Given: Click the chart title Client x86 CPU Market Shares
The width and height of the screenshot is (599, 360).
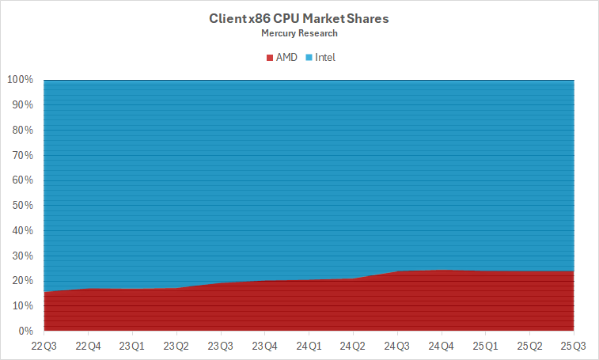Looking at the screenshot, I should pyautogui.click(x=298, y=17).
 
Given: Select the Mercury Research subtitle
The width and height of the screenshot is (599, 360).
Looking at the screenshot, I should pyautogui.click(x=298, y=33).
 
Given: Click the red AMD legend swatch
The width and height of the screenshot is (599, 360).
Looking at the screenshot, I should pyautogui.click(x=268, y=58).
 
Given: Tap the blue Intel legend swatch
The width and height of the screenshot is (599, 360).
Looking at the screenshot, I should pyautogui.click(x=309, y=58).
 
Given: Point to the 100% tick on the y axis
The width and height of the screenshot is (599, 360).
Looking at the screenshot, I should pyautogui.click(x=20, y=80).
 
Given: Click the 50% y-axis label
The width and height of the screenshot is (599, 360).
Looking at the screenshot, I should pyautogui.click(x=22, y=205).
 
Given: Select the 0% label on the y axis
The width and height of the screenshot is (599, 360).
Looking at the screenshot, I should pyautogui.click(x=25, y=331).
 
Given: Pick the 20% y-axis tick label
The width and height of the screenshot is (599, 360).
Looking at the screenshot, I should pyautogui.click(x=22, y=281).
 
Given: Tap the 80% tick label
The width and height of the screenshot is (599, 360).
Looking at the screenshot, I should pyautogui.click(x=22, y=130).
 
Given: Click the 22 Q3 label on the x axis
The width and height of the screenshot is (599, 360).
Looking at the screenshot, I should pyautogui.click(x=44, y=346).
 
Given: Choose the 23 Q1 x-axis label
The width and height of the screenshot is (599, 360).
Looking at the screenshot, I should pyautogui.click(x=132, y=346).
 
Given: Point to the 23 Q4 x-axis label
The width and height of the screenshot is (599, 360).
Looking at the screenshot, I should pyautogui.click(x=264, y=346).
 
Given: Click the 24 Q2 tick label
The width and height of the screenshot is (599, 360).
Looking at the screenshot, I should pyautogui.click(x=353, y=346).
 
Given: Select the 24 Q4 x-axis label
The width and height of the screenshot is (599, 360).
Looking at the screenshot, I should pyautogui.click(x=441, y=346).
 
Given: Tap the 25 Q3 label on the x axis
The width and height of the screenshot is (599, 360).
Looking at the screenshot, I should pyautogui.click(x=573, y=346).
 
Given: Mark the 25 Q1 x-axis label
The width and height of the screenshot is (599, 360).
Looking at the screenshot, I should pyautogui.click(x=485, y=346).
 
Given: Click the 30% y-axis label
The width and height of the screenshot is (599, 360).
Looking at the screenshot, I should pyautogui.click(x=22, y=256).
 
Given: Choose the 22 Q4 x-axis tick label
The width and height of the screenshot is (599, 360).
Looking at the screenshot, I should pyautogui.click(x=88, y=346).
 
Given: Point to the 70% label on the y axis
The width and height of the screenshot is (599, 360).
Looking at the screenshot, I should pyautogui.click(x=22, y=155).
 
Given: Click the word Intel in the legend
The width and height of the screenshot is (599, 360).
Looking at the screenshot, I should pyautogui.click(x=325, y=58).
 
